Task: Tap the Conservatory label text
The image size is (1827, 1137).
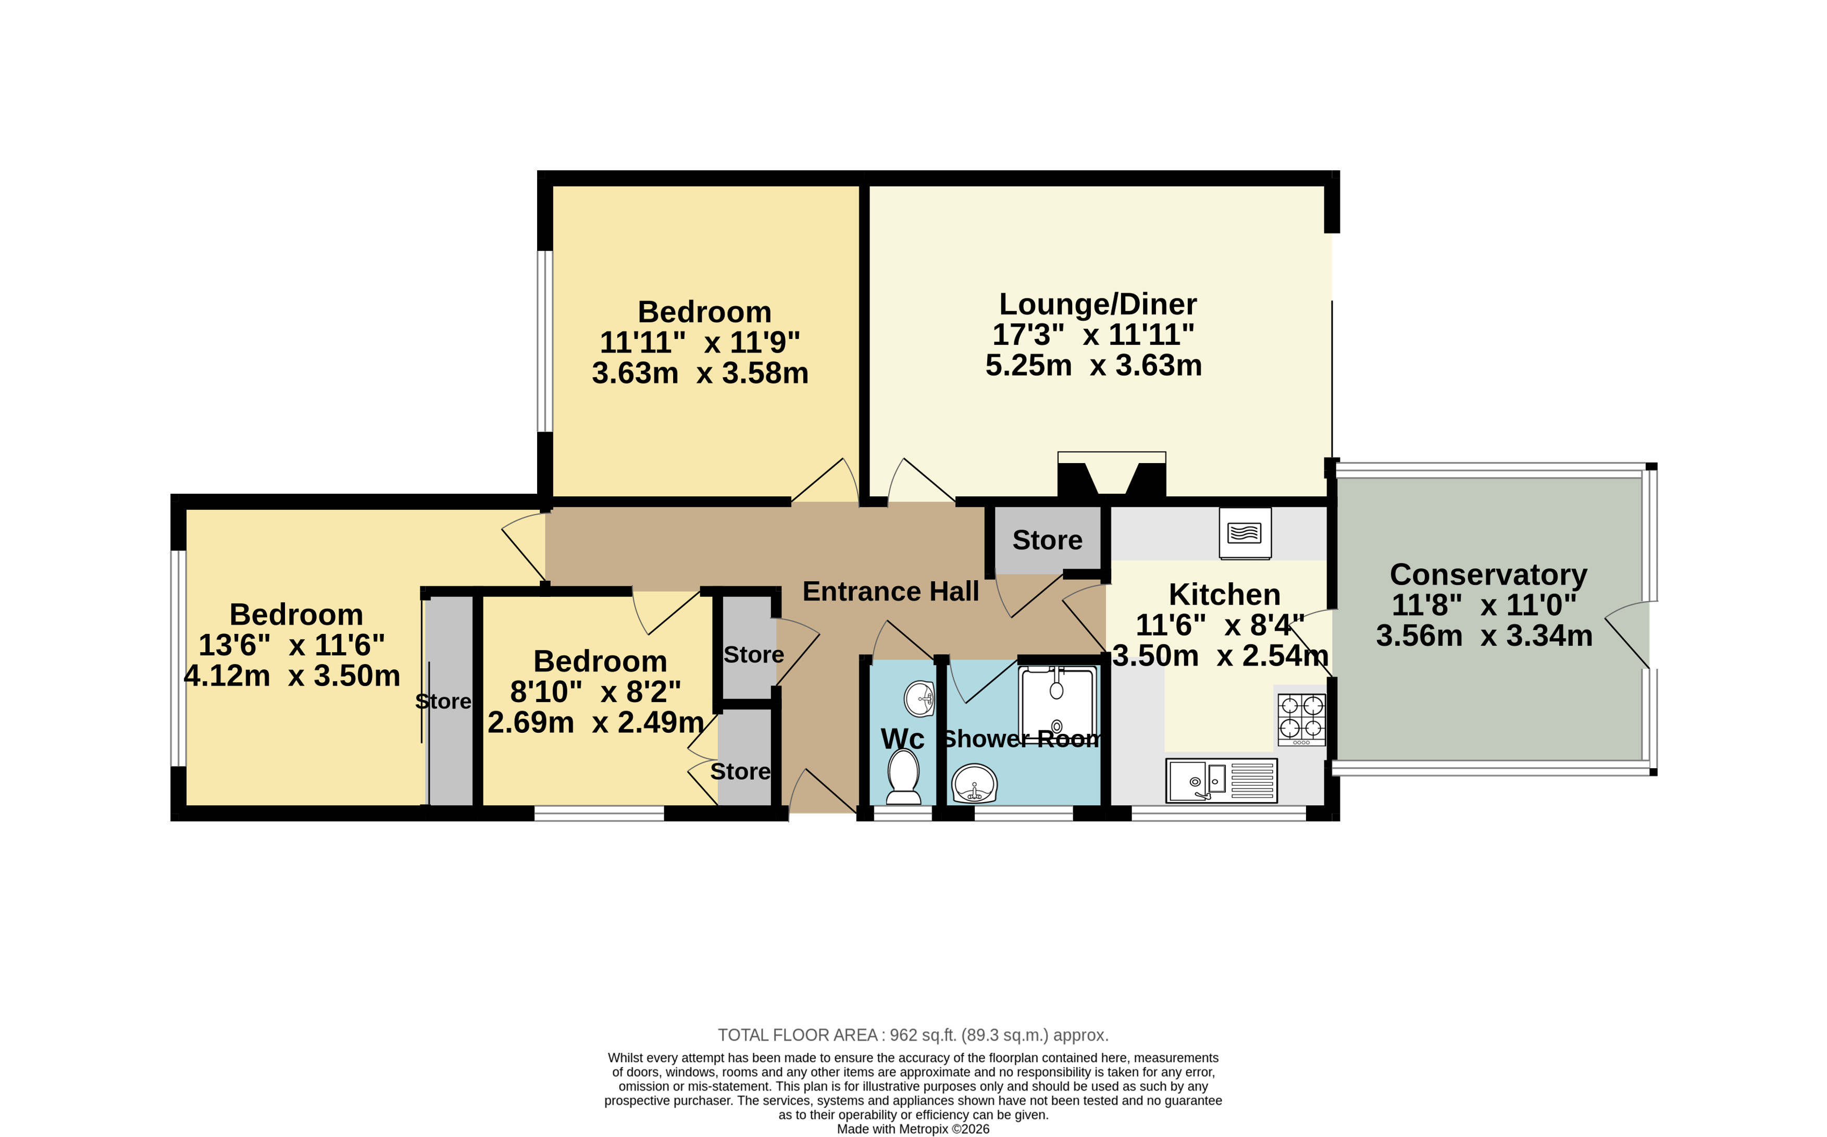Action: [x=1488, y=574]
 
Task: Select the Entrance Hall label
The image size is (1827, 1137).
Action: [x=890, y=591]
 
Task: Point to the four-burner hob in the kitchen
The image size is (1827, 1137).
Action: [x=1301, y=719]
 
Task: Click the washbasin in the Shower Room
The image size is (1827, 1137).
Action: [x=974, y=783]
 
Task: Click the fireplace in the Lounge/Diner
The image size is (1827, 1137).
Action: [x=1112, y=474]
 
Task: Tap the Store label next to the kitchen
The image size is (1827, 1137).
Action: [x=1047, y=540]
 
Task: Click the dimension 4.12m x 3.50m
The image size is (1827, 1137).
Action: [x=292, y=676]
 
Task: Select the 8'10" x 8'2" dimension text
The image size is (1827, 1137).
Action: [x=595, y=691]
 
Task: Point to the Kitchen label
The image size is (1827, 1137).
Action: [x=1225, y=595]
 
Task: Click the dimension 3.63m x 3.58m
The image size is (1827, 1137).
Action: [x=700, y=373]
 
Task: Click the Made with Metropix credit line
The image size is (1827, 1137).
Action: [x=913, y=1129]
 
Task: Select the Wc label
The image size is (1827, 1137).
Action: [x=903, y=739]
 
